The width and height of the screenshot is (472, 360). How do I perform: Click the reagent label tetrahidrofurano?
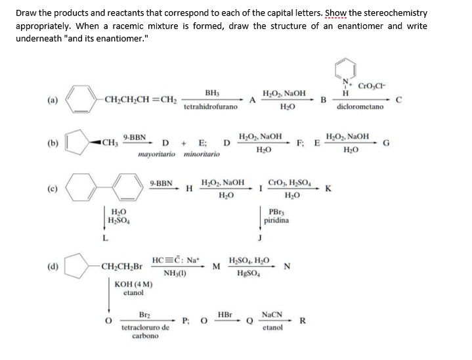(211, 106)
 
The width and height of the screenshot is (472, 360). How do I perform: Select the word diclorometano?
(360, 106)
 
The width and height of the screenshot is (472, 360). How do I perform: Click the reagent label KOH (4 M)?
(133, 284)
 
